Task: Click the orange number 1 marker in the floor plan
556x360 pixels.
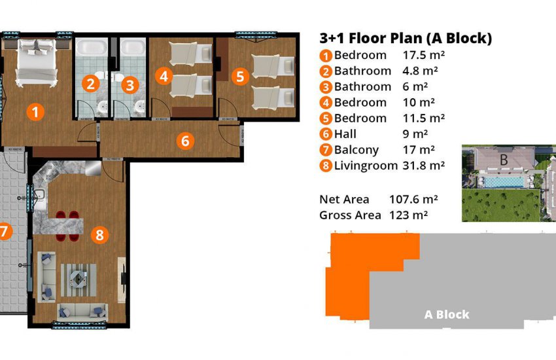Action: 36,111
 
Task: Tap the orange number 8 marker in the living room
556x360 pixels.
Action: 99,234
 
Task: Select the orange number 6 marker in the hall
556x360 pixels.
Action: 185,141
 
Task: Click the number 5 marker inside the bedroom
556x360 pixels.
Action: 240,77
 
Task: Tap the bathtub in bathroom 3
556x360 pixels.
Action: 133,50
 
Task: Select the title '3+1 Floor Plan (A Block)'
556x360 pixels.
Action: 405,38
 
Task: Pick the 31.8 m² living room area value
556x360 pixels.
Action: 423,166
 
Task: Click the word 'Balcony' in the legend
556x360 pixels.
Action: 356,150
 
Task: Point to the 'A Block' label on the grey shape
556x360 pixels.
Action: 447,315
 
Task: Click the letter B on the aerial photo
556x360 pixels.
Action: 504,159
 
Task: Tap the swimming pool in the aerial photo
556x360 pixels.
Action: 504,180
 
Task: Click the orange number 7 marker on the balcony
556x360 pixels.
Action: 5,231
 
